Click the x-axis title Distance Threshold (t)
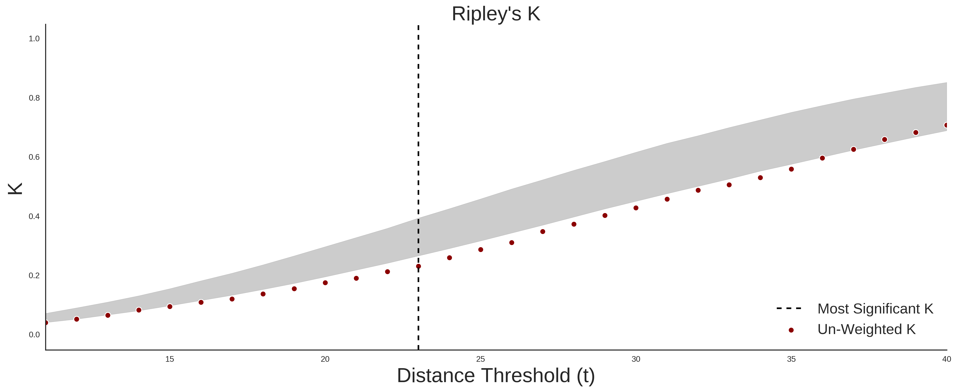pos(496,376)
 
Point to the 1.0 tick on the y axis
pos(34,39)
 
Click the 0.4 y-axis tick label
pos(34,216)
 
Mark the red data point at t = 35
pos(791,169)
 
